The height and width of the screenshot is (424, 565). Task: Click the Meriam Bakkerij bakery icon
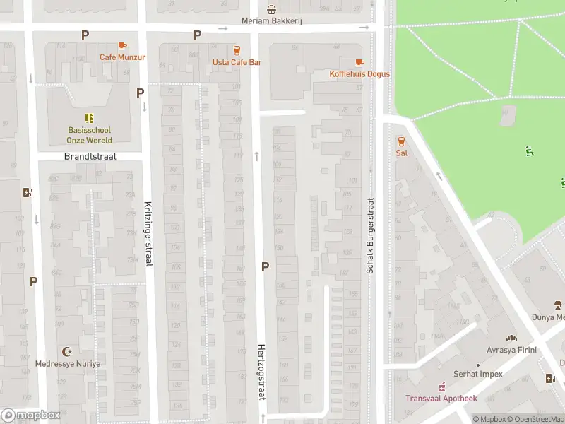coord(272,9)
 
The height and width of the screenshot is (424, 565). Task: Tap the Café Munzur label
coord(122,57)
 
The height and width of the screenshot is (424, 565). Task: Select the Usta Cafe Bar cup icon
coord(237,50)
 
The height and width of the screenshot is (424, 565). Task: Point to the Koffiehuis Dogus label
coord(359,74)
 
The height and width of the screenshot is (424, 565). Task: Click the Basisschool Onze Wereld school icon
coord(89,118)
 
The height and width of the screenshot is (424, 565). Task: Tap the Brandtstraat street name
coord(90,156)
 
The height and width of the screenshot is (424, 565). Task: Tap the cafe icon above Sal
coord(401,141)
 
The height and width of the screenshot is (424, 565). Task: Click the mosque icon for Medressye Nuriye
coord(69,352)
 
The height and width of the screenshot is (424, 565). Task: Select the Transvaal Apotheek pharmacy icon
coord(441,387)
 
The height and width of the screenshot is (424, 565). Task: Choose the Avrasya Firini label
coord(511,350)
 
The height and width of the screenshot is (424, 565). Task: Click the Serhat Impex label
coord(479,374)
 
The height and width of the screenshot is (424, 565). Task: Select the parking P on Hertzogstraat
coord(266,266)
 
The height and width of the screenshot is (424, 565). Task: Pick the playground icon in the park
coord(529,151)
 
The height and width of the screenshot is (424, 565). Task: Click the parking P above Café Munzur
coord(85,35)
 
